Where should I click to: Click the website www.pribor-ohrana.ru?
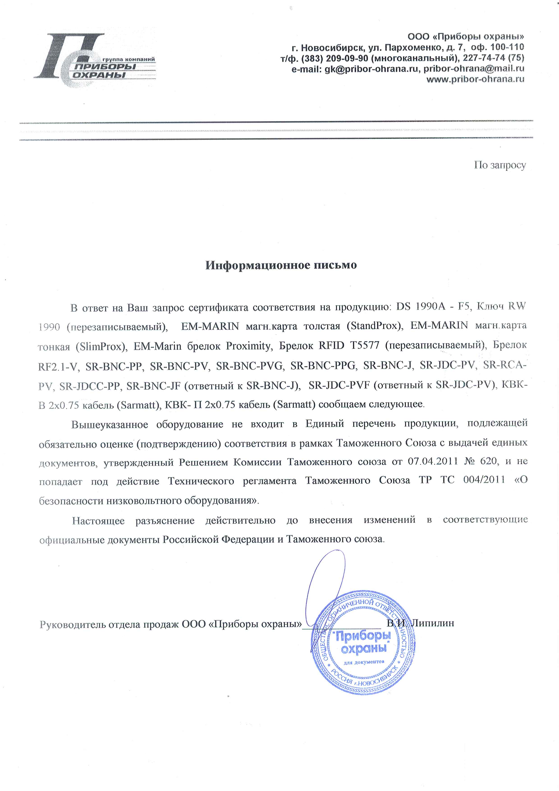(475, 79)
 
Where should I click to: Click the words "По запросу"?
(500, 165)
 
